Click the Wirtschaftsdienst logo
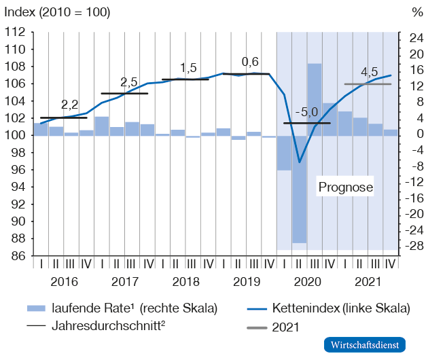pos(365,344)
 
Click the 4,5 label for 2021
pos(370,72)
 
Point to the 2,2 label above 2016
pos(69,105)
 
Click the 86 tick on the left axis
pos(18,256)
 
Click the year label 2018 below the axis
pos(185,281)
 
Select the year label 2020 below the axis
pos(306,281)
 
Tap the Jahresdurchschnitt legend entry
pos(109,325)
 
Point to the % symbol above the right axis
pos(416,13)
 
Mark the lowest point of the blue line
pos(300,162)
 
